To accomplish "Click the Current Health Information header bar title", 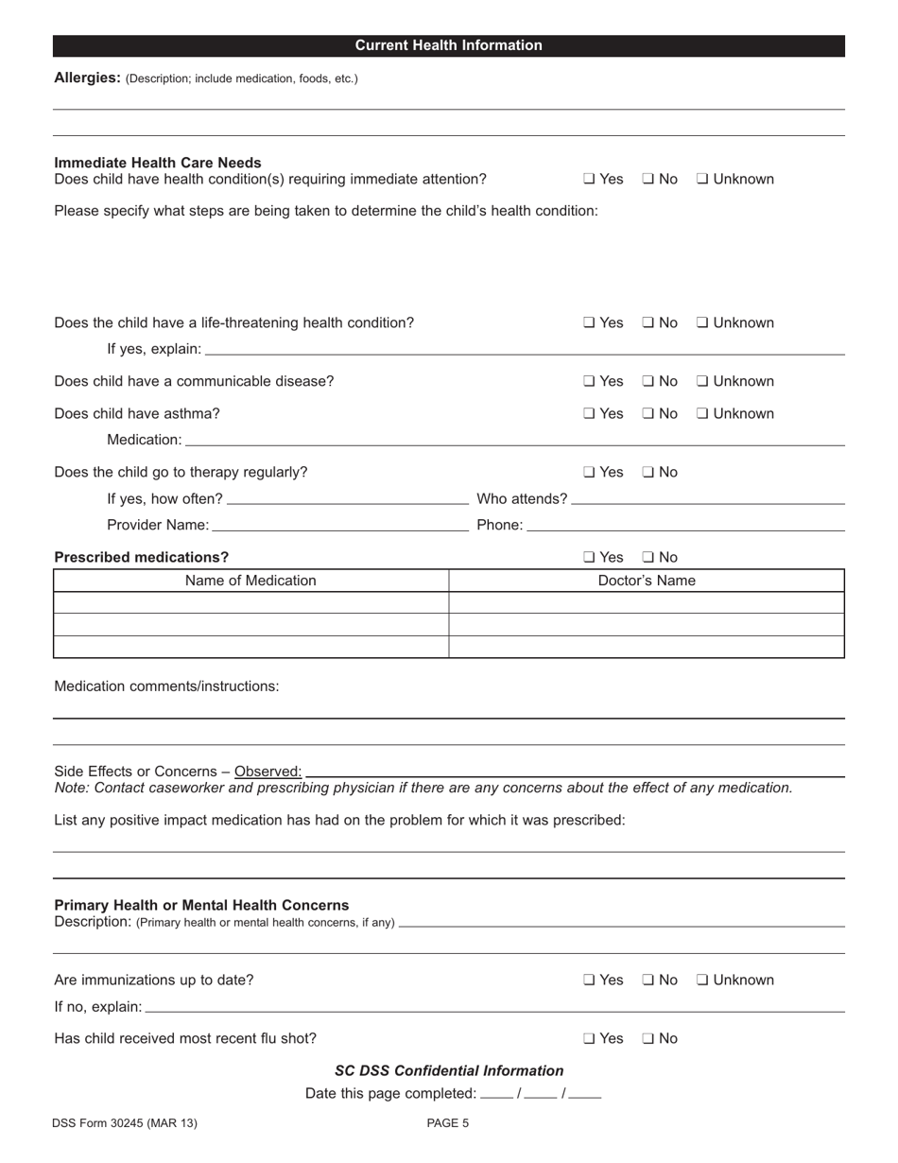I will (x=448, y=45).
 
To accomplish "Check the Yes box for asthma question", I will (x=589, y=414).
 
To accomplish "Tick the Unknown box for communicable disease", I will (x=702, y=382).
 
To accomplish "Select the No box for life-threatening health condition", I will (x=648, y=323).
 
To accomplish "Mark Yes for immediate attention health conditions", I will (x=589, y=180).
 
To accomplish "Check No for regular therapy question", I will (x=648, y=473).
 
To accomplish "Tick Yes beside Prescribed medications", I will (x=589, y=558).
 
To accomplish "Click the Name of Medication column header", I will (x=250, y=581).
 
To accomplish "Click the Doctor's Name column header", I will (x=647, y=581).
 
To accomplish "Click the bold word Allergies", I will (x=86, y=78).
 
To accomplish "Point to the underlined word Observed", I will (x=268, y=772).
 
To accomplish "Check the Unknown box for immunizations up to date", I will (x=702, y=981).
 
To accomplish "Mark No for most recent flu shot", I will (x=648, y=1039).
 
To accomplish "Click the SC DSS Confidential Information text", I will (x=449, y=1070).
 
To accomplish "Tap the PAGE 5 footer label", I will (x=448, y=1123).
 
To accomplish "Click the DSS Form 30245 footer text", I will (x=126, y=1123).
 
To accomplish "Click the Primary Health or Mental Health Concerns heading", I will (x=201, y=905).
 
